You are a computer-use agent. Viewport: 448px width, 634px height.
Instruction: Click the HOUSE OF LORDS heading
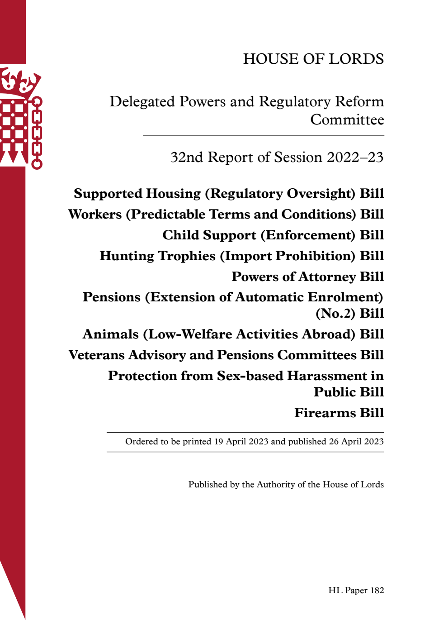313,59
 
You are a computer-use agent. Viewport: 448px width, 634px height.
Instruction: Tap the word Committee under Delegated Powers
347,120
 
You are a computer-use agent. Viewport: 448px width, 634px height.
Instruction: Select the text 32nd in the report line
186,157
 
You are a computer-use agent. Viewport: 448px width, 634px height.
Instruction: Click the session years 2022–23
355,157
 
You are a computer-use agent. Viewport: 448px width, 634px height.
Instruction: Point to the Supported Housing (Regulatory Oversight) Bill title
229,194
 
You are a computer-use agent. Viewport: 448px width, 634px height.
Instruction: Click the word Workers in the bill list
95,215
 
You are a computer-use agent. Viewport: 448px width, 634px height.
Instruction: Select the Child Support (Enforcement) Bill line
273,235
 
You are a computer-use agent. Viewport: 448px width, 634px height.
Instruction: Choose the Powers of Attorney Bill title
307,276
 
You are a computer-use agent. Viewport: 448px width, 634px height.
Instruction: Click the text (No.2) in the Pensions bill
335,314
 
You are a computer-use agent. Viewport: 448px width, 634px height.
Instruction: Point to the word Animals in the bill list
111,334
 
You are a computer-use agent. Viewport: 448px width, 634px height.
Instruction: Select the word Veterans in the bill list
96,355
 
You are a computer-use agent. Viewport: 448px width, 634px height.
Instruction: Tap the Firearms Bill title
339,413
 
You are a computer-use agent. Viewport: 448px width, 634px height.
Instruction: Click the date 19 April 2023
241,442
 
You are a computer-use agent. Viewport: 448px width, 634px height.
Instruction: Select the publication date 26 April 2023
356,442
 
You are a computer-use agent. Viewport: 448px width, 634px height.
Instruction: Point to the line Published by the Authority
286,485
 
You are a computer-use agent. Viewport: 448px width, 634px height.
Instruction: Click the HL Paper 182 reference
356,591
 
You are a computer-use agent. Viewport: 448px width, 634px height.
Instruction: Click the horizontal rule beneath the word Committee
263,136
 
